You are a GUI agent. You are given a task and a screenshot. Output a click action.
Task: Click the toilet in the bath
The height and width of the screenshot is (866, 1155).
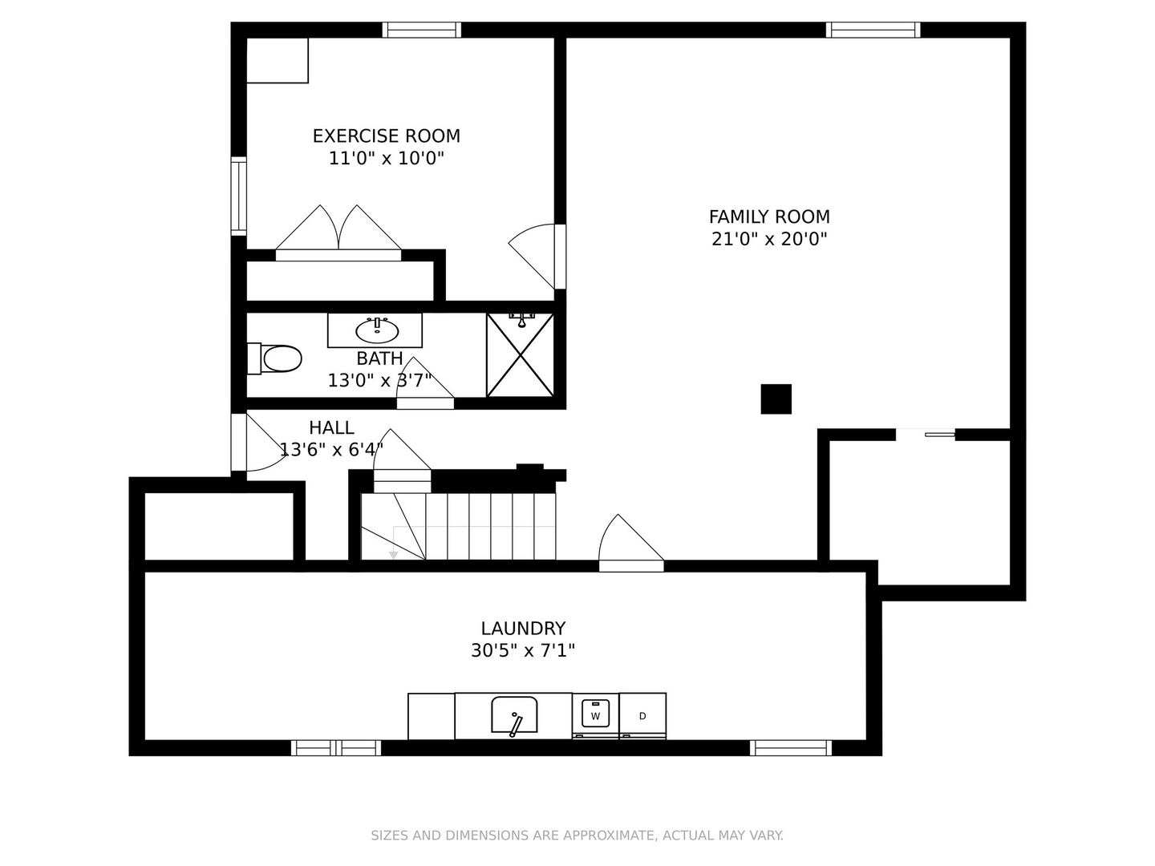274,358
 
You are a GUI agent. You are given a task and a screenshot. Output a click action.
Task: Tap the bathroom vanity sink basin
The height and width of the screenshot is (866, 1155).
377,331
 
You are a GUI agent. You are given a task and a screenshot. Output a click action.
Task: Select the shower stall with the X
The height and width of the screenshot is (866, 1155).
520,355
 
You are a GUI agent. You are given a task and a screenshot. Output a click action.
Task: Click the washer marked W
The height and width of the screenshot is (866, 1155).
595,715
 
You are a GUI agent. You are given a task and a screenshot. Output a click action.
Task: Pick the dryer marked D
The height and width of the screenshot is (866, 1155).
642,715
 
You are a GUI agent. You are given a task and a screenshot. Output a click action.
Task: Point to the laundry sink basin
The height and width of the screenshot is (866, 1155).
514,714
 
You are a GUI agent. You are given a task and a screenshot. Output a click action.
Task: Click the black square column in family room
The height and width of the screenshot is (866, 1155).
776,399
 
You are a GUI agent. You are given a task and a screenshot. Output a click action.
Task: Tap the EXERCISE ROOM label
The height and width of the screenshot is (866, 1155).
387,136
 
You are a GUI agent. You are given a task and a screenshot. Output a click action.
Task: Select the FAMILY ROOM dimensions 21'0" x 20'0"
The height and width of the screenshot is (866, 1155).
769,239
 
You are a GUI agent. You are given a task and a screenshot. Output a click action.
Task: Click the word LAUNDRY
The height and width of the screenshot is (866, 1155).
523,629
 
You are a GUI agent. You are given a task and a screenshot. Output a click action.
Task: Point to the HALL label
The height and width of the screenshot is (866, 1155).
331,427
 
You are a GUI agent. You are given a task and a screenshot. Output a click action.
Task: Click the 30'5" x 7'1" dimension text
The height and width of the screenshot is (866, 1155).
523,651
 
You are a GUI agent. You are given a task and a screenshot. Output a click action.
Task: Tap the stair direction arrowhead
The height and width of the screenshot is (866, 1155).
393,555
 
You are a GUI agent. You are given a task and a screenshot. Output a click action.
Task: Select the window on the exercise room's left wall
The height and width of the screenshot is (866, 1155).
239,196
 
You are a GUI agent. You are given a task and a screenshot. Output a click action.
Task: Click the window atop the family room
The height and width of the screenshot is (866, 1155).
873,30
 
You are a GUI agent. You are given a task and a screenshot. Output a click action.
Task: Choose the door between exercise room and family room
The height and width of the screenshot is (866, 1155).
537,257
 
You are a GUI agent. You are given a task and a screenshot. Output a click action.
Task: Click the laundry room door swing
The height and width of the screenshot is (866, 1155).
631,541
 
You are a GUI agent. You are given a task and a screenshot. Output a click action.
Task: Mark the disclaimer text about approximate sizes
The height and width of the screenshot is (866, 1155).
577,836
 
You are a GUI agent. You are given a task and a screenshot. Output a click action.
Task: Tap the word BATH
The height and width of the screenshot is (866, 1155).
379,358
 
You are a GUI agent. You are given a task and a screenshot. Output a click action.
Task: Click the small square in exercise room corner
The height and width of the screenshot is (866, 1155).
278,60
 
